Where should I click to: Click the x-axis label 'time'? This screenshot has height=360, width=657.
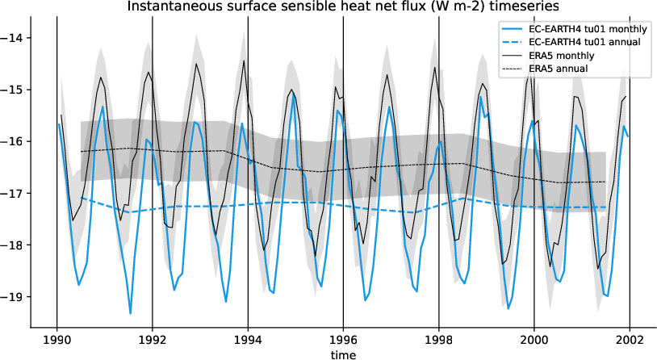pyautogui.click(x=343, y=354)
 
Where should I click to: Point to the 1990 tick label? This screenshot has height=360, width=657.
pyautogui.click(x=56, y=340)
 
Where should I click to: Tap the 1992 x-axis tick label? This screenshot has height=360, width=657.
pyautogui.click(x=153, y=340)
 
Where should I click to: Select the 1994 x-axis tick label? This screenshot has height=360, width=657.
pyautogui.click(x=248, y=340)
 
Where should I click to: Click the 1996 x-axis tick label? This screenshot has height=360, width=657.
pyautogui.click(x=343, y=340)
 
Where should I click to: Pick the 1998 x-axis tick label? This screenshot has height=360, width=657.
pyautogui.click(x=438, y=340)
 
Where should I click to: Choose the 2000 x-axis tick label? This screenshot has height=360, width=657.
pyautogui.click(x=534, y=340)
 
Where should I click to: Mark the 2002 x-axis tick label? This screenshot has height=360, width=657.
pyautogui.click(x=630, y=340)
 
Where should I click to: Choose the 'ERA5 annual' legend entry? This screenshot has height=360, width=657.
pyautogui.click(x=558, y=69)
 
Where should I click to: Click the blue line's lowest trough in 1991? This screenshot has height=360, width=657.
pyautogui.click(x=130, y=313)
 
